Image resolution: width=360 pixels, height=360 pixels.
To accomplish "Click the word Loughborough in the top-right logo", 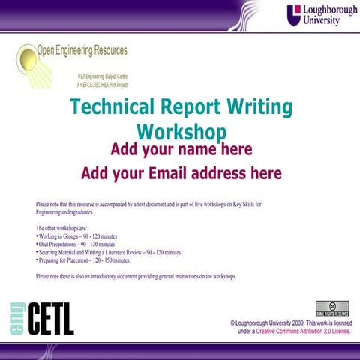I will [328, 10].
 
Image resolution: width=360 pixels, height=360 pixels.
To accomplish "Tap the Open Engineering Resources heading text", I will [82, 51].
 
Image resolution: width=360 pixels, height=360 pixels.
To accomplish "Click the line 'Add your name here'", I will [181, 149].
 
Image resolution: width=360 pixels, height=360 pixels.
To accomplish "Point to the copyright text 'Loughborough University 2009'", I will [277, 321].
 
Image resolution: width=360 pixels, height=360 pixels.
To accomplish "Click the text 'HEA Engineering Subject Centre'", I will [107, 77].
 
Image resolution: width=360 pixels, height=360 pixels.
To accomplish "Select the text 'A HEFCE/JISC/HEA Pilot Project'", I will [107, 85].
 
